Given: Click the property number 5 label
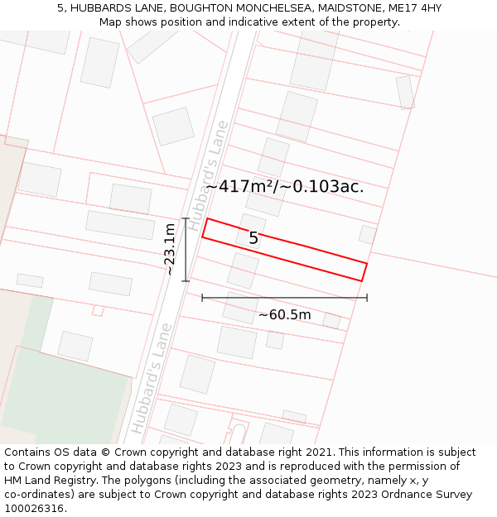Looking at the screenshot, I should pyautogui.click(x=253, y=238).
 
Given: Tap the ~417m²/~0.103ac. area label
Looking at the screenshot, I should pyautogui.click(x=284, y=187).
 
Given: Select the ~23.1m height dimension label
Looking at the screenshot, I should pyautogui.click(x=168, y=249).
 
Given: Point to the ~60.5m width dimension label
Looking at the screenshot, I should pyautogui.click(x=284, y=314).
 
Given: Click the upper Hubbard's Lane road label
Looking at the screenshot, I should pyautogui.click(x=208, y=175).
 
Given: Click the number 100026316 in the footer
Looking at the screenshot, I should pyautogui.click(x=34, y=509).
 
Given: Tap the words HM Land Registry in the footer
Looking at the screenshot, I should pyautogui.click(x=45, y=481).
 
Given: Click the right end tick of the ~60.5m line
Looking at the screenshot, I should pyautogui.click(x=367, y=298).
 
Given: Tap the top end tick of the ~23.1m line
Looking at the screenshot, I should pyautogui.click(x=186, y=219).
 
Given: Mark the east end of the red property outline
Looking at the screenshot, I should pyautogui.click(x=364, y=272).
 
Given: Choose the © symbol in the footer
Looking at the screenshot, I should pyautogui.click(x=105, y=452).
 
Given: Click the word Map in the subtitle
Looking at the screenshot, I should pyautogui.click(x=111, y=22).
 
